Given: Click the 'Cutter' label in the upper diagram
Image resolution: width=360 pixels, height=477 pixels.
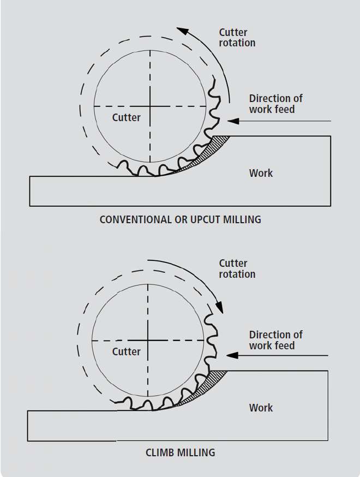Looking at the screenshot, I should [126, 117].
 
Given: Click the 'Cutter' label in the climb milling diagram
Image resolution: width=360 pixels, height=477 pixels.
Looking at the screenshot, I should [126, 351].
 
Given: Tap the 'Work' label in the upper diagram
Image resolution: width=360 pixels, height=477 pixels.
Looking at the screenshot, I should [261, 173].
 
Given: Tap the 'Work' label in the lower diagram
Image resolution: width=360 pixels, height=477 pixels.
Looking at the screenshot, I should [261, 408].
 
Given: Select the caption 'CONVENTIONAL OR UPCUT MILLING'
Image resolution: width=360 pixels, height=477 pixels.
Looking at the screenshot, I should [180, 220].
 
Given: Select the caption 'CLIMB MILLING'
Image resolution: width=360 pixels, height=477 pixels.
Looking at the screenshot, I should [180, 452].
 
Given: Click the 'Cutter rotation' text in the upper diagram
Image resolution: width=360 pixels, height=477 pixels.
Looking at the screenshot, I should [237, 37].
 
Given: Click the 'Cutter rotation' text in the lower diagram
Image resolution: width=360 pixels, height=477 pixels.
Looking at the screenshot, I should [237, 269].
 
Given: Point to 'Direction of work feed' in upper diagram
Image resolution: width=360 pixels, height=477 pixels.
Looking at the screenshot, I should [275, 104].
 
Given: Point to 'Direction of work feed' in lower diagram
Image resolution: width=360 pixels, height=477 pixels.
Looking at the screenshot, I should [275, 340].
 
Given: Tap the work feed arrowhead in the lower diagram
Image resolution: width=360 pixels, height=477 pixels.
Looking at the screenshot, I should [233, 356].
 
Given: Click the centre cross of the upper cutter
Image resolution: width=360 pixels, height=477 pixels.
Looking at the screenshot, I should [150, 106].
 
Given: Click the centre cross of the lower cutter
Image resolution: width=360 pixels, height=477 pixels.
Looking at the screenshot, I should [148, 341].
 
